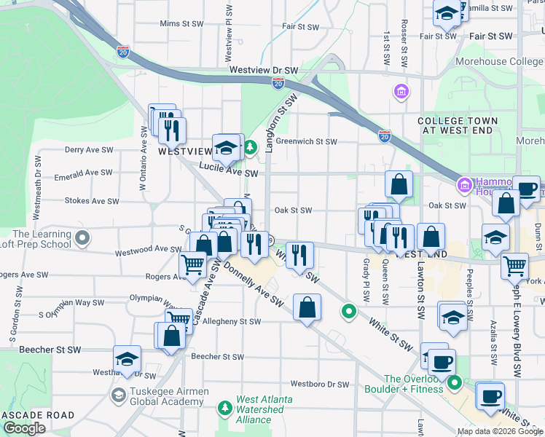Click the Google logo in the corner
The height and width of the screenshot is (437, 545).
pos(24,428)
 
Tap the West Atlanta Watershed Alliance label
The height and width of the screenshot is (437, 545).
pos(254,409)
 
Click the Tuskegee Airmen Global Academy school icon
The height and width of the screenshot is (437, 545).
pos(118,395)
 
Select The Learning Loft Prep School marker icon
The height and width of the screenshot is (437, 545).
pos(82,238)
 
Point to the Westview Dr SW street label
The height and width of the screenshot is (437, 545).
pos(264,70)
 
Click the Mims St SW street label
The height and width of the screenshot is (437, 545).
pos(181,23)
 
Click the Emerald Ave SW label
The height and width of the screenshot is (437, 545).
pos(88,173)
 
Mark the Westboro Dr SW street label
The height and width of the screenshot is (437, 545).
pos(320,384)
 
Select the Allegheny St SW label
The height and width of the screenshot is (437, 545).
pos(232,321)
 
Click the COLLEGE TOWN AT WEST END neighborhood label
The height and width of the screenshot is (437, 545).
pos(458,125)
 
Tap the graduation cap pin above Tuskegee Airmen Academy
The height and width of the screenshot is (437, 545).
pos(127,358)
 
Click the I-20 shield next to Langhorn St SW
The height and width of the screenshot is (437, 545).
pos(278,84)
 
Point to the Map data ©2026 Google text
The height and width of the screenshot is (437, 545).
pos(499,431)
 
